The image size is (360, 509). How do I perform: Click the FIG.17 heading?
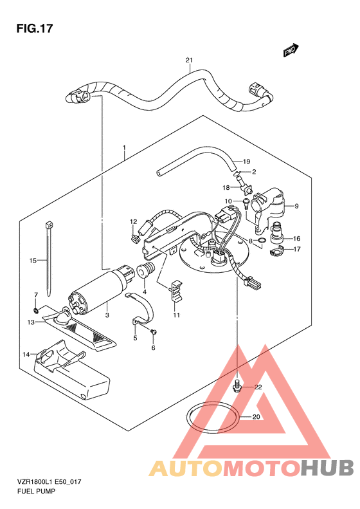[x=34, y=28]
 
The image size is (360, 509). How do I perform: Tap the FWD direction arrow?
[x=291, y=50]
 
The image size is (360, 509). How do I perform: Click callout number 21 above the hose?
[x=189, y=60]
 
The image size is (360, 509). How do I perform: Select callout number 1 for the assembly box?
[x=124, y=148]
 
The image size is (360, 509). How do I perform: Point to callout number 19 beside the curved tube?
[x=246, y=162]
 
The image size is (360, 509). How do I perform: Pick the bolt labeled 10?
[x=246, y=203]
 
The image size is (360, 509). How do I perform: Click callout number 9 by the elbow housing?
[x=296, y=206]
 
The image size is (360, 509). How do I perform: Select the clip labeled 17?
[x=276, y=251]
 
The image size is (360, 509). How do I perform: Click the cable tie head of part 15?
[x=49, y=225]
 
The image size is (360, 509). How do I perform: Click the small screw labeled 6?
[x=154, y=332]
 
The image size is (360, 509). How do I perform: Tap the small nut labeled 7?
[x=37, y=311]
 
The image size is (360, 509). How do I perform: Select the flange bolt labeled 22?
[x=237, y=385]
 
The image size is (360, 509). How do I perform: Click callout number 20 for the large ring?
[x=256, y=416]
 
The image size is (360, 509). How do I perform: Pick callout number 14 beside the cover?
[x=26, y=354]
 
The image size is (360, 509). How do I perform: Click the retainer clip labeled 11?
[x=175, y=292]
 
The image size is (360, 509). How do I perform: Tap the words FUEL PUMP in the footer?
[x=36, y=491]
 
